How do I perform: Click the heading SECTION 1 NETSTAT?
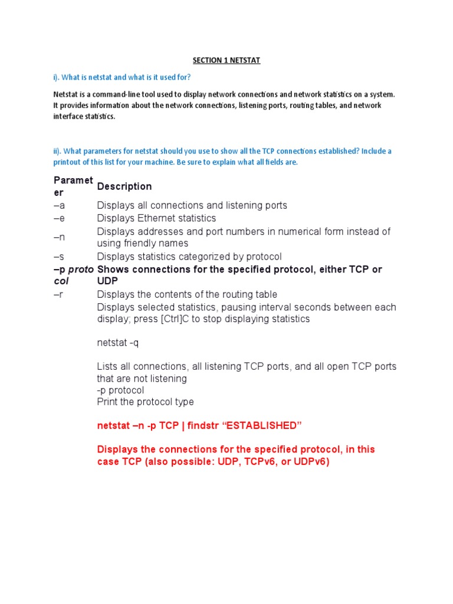tap(226, 60)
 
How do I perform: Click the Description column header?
tap(124, 186)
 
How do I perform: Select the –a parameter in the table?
tap(59, 205)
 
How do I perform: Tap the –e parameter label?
tap(59, 218)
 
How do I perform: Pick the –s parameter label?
tap(59, 257)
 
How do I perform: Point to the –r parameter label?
tap(58, 294)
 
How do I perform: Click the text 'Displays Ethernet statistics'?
tap(156, 218)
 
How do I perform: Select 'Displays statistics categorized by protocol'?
tap(189, 257)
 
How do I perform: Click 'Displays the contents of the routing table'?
tap(187, 294)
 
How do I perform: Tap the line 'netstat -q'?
tap(118, 342)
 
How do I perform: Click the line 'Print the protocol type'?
tap(145, 402)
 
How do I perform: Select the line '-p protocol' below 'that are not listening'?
tap(120, 390)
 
